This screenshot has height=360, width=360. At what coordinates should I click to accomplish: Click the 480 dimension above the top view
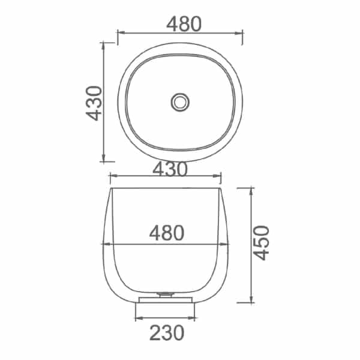tap(184, 24)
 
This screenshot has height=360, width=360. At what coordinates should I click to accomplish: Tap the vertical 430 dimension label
tap(94, 103)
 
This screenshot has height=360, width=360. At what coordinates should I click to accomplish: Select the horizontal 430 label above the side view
tap(170, 169)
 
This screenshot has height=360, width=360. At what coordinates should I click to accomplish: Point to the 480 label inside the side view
tap(167, 233)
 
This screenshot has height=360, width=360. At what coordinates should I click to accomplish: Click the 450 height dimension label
tap(261, 243)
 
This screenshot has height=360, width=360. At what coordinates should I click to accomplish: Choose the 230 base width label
tap(167, 332)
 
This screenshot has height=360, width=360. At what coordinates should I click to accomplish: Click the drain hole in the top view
tap(180, 102)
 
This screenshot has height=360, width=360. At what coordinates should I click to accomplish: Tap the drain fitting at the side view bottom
tap(166, 295)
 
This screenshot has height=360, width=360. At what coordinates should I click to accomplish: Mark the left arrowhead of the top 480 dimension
tap(121, 32)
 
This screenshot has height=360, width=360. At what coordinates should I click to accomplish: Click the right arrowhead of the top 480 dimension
tap(239, 33)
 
